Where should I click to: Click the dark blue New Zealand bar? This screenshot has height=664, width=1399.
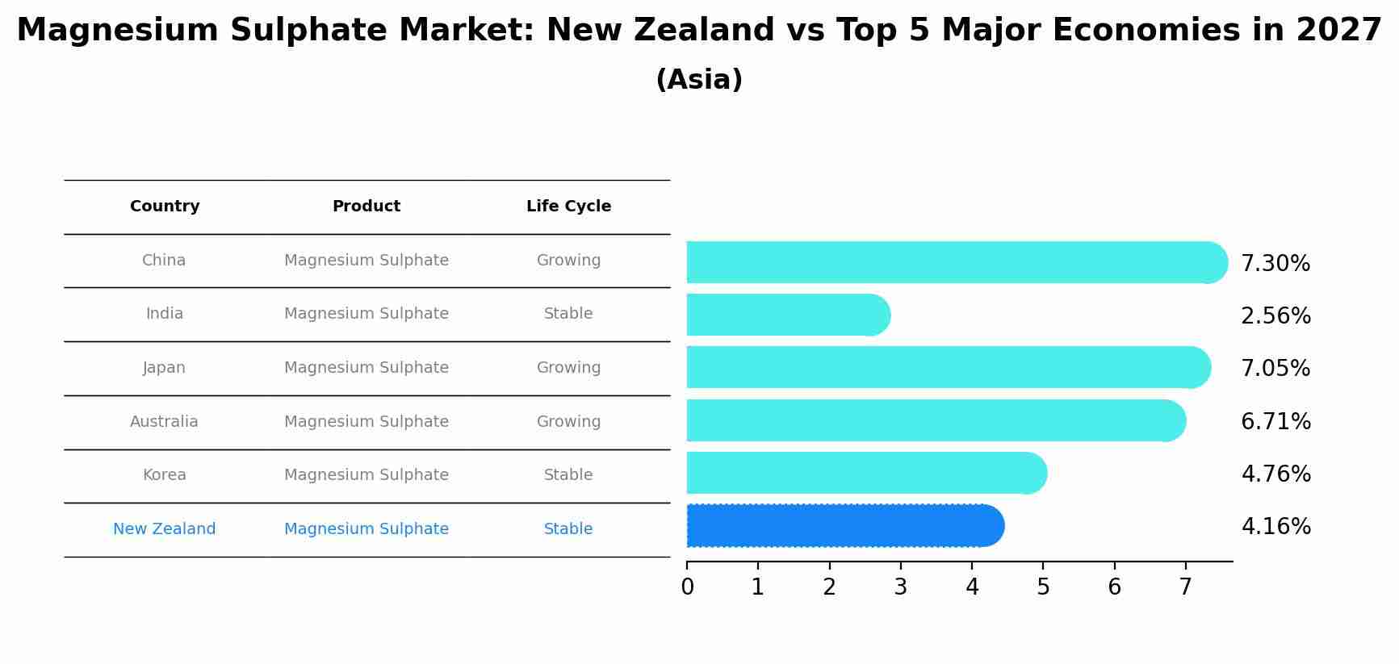[844, 526]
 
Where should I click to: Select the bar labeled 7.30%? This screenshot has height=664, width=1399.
[953, 262]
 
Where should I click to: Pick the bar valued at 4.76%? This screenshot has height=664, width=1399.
[864, 473]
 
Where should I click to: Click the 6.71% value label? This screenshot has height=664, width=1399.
[1275, 421]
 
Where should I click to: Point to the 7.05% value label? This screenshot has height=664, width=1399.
[1275, 368]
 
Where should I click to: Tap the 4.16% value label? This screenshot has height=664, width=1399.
[1275, 526]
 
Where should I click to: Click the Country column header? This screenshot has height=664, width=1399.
[165, 207]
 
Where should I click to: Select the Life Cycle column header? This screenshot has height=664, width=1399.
[568, 207]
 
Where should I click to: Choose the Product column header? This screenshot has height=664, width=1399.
[367, 207]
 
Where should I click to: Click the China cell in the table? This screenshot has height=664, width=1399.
[164, 261]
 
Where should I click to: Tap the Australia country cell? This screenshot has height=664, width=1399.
[164, 421]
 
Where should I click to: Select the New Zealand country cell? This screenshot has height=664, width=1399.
[164, 529]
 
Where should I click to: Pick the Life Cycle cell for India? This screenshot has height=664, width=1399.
[568, 314]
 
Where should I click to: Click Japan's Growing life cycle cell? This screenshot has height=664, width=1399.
[568, 368]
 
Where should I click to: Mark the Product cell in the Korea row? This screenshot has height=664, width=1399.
[367, 475]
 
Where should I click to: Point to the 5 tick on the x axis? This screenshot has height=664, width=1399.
[1043, 587]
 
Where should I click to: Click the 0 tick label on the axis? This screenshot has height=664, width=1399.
[687, 587]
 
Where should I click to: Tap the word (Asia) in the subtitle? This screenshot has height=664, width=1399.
[699, 80]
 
